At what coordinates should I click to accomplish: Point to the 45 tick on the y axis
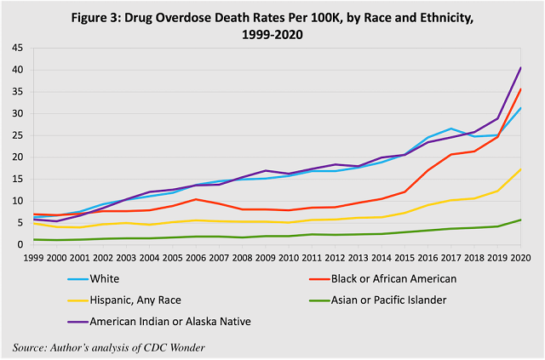[x=17, y=48]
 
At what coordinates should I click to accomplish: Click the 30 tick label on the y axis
[x=17, y=113]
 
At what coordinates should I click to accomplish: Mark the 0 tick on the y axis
[x=20, y=244]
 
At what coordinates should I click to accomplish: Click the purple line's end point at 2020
[x=520, y=67]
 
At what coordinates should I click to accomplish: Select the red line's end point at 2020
[x=520, y=89]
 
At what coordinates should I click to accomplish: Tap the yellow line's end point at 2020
[x=520, y=169]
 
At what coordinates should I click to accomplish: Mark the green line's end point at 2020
[x=520, y=220]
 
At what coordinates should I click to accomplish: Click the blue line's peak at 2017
[x=451, y=129]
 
